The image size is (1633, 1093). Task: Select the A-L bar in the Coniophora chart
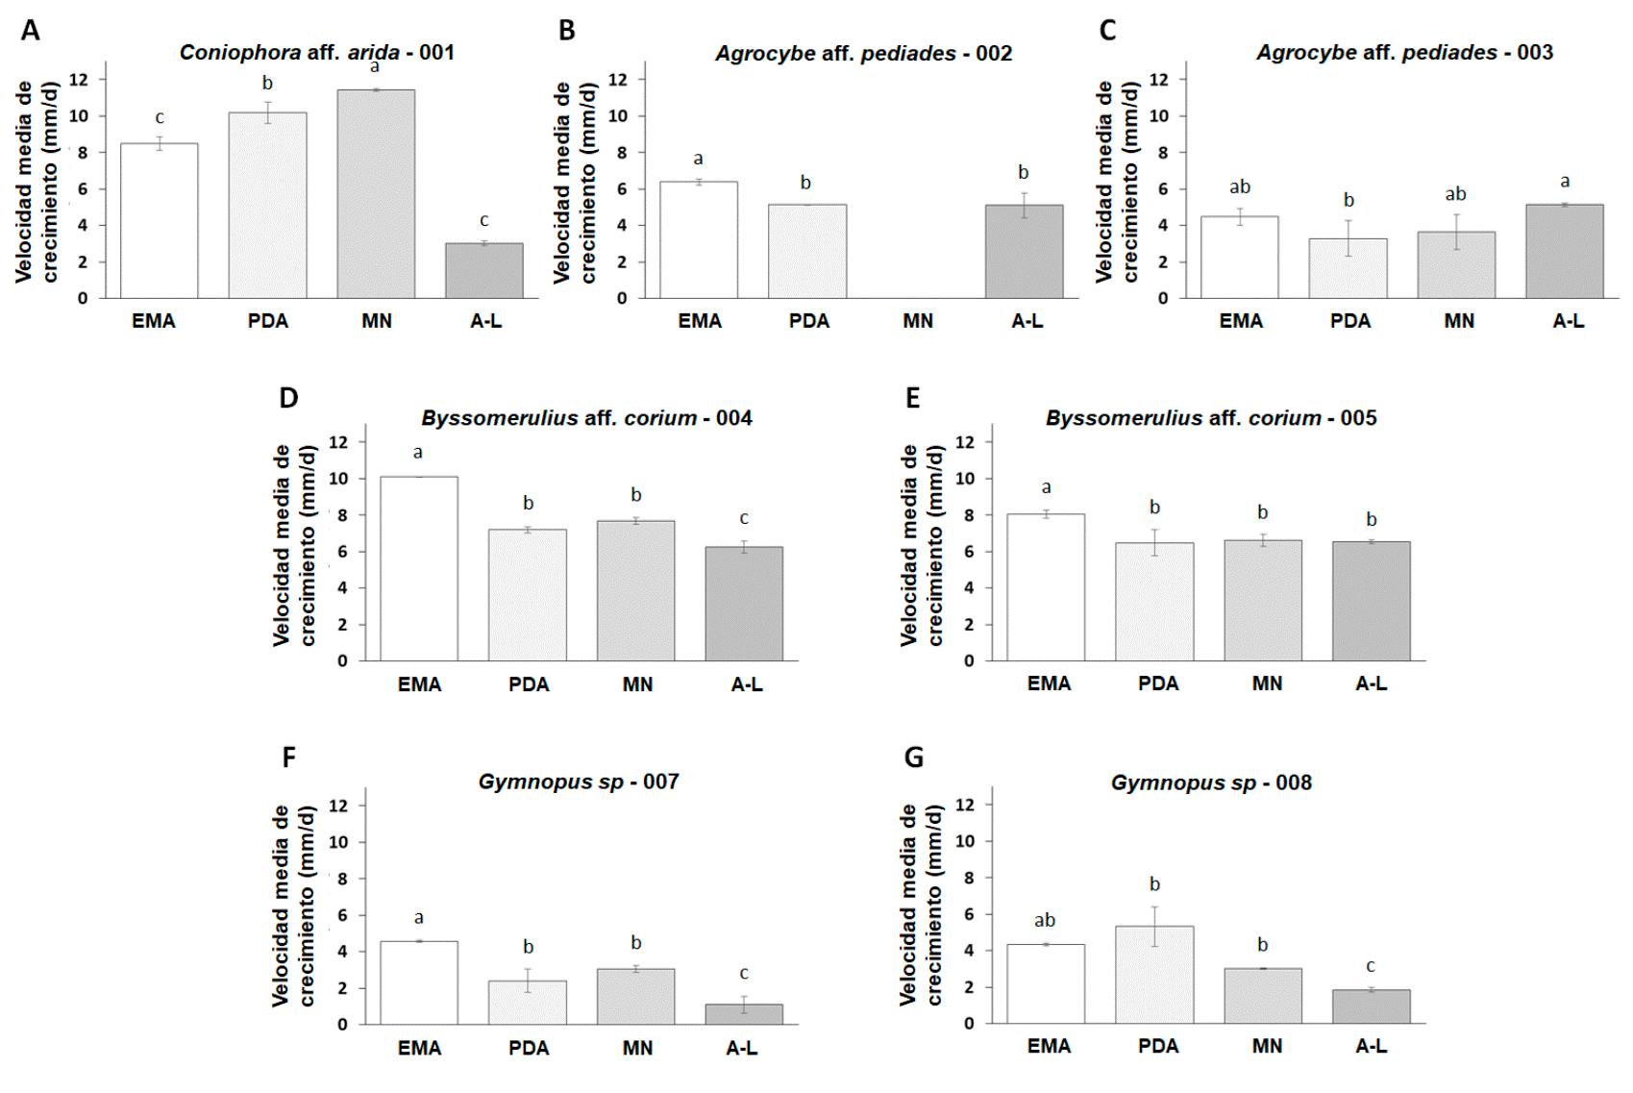tap(483, 271)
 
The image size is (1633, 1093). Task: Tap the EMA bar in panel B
tap(699, 240)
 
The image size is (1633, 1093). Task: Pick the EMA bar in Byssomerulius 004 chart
tap(418, 568)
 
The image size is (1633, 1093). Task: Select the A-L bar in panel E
tap(1371, 601)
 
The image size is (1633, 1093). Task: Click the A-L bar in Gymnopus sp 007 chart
tap(743, 1014)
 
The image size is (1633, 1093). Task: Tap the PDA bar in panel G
tap(1154, 975)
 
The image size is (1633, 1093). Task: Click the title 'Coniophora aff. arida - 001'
tap(316, 53)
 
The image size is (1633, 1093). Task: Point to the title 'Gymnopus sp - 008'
tap(1211, 782)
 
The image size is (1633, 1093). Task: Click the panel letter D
tap(288, 398)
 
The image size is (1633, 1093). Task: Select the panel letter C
tap(1107, 31)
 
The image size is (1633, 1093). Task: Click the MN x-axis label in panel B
tap(918, 321)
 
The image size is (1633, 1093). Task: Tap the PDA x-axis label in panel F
tap(529, 1048)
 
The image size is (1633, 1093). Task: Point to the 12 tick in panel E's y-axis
tap(965, 442)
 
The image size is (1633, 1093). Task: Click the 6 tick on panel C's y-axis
tap(1163, 189)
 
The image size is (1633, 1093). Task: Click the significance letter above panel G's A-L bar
tap(1371, 966)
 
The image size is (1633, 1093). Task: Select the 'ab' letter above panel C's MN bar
tap(1455, 194)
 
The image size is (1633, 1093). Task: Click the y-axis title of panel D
tap(293, 545)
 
